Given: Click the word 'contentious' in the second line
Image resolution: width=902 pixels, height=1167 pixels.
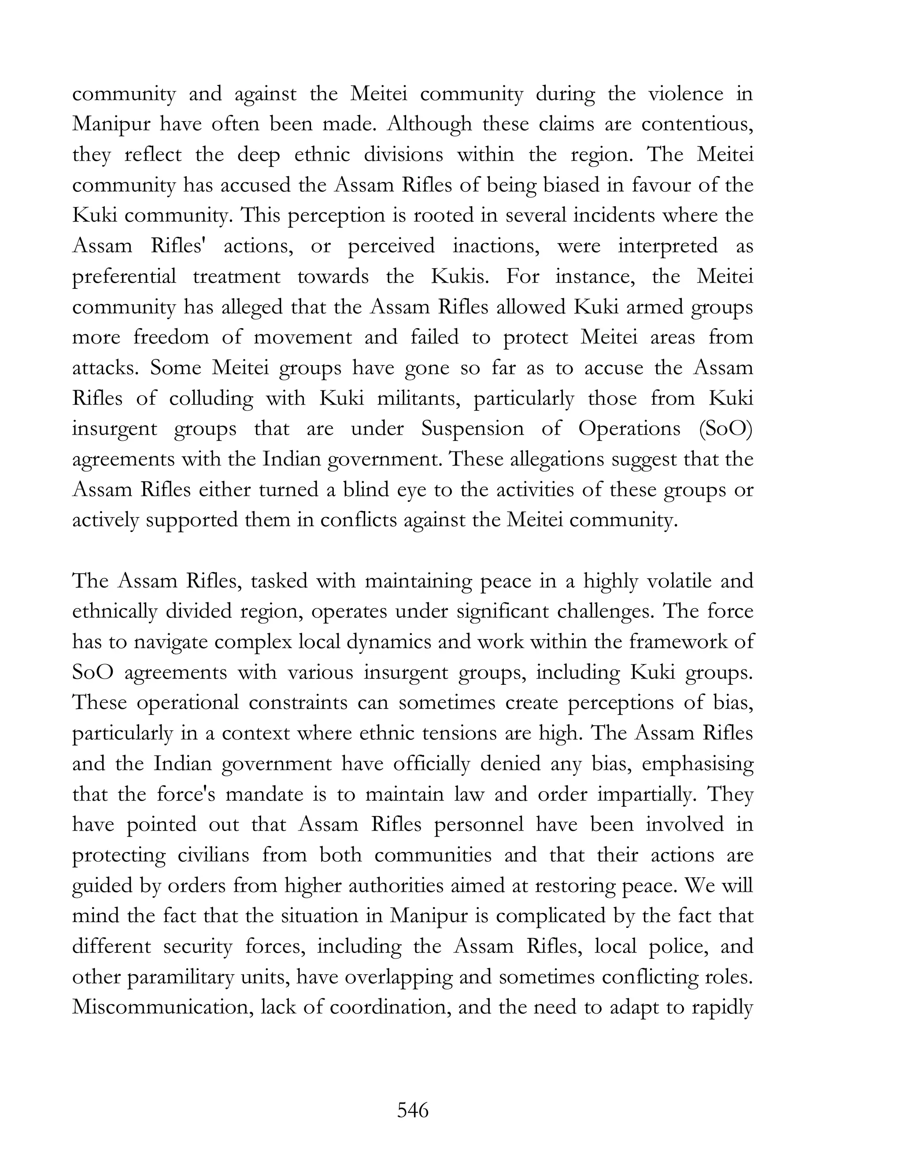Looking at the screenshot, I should click(697, 125).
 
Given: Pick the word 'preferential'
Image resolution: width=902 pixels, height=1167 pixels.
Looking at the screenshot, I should click(124, 277).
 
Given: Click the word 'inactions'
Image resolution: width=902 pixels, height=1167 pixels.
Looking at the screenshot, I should click(497, 246).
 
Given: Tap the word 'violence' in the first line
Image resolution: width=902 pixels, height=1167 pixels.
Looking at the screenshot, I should click(686, 94).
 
